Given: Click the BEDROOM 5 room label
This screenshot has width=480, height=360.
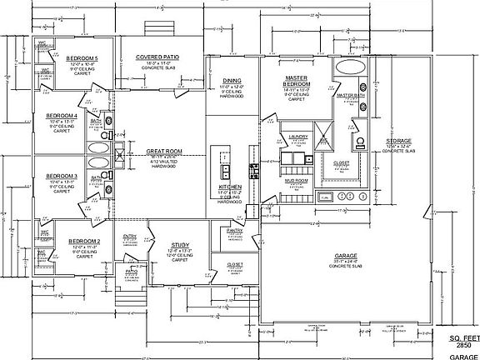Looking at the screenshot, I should click(83, 57).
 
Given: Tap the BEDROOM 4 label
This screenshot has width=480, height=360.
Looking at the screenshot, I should click(62, 115).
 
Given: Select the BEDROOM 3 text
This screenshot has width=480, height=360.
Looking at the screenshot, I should click(62, 176).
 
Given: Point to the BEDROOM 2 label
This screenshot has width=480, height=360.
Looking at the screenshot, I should click(84, 241).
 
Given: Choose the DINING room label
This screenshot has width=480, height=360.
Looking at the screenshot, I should click(232, 81).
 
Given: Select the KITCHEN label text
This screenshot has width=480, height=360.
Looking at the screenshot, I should click(231, 187).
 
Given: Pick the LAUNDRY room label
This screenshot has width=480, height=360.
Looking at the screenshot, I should click(297, 137).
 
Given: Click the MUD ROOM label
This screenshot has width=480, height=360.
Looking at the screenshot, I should click(297, 179).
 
